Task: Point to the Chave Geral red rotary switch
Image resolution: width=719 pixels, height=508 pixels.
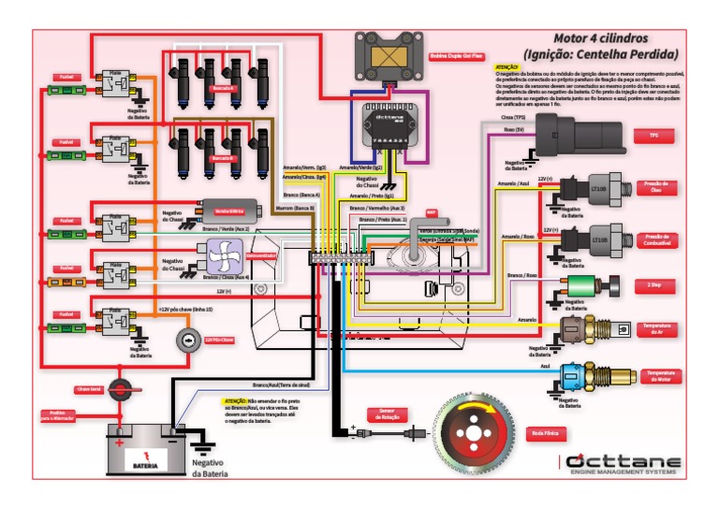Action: (120, 387)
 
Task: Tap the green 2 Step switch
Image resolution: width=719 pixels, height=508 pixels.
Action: (581, 284)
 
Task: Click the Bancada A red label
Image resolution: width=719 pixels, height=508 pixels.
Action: (225, 88)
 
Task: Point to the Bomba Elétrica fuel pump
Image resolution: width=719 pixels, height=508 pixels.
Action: (228, 211)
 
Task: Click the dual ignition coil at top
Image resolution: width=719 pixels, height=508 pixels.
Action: (386, 56)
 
